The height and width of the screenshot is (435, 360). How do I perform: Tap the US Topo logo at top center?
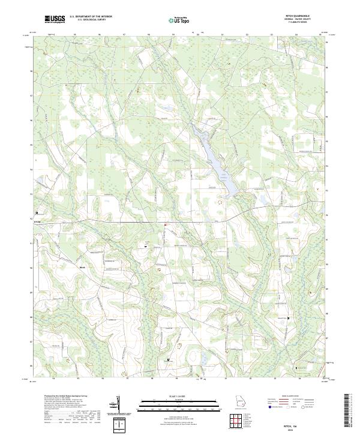click(179, 20)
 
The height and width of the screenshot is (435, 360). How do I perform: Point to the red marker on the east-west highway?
click(164, 225)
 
